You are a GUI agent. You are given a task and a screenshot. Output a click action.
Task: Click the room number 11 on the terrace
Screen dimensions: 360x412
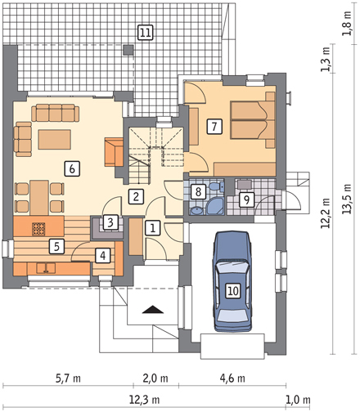pyautogui.click(x=145, y=33)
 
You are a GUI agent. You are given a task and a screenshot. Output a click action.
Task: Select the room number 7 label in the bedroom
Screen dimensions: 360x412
pyautogui.click(x=214, y=127)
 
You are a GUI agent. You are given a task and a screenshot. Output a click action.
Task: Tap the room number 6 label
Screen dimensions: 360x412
pyautogui.click(x=72, y=168)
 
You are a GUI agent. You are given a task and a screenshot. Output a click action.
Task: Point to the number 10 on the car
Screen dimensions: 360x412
pyautogui.click(x=233, y=291)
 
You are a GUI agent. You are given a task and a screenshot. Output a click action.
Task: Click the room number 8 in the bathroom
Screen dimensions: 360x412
pyautogui.click(x=198, y=191)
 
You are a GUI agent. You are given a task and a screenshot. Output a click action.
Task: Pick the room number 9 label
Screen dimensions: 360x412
pyautogui.click(x=246, y=200)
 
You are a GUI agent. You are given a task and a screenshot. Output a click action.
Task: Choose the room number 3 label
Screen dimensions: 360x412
pyautogui.click(x=110, y=222)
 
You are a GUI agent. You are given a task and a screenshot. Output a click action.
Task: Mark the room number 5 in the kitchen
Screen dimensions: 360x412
pyautogui.click(x=56, y=247)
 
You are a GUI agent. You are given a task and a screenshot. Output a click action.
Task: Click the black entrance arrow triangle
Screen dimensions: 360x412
pyautogui.click(x=153, y=310)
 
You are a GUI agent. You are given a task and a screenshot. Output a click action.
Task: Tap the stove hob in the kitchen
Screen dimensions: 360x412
pyautogui.click(x=38, y=229)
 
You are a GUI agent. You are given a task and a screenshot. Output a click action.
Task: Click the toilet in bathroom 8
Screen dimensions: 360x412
pyautogui.click(x=217, y=187)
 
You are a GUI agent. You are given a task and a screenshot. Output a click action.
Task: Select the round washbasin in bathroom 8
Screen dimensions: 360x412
pyautogui.click(x=196, y=211)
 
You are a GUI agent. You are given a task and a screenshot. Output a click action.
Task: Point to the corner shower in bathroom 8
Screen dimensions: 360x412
pyautogui.click(x=216, y=206)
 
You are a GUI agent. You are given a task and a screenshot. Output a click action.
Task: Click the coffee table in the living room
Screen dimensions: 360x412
pyautogui.click(x=55, y=140)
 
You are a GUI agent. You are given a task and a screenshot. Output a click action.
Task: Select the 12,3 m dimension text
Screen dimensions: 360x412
pyautogui.click(x=144, y=400)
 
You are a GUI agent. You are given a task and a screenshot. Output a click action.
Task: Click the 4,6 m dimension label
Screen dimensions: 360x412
pyautogui.click(x=232, y=378)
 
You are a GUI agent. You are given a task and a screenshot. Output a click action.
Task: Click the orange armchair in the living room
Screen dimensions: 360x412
pyautogui.click(x=114, y=152)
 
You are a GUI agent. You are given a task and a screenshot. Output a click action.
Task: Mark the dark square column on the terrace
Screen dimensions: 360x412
pyautogui.click(x=128, y=50)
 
